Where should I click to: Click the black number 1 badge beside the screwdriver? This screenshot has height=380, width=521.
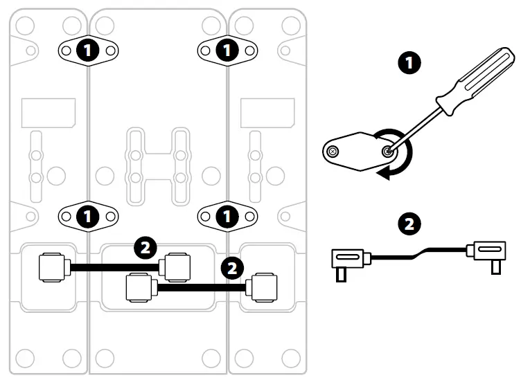click(412, 64)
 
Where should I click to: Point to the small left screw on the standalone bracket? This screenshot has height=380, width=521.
click(335, 152)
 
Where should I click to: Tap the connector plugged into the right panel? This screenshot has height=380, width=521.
click(263, 286)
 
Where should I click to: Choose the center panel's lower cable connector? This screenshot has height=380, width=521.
click(140, 287)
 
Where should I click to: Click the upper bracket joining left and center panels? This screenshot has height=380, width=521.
click(87, 50)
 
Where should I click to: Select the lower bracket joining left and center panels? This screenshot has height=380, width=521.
click(87, 216)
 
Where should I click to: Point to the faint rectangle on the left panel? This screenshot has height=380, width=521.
click(48, 111)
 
